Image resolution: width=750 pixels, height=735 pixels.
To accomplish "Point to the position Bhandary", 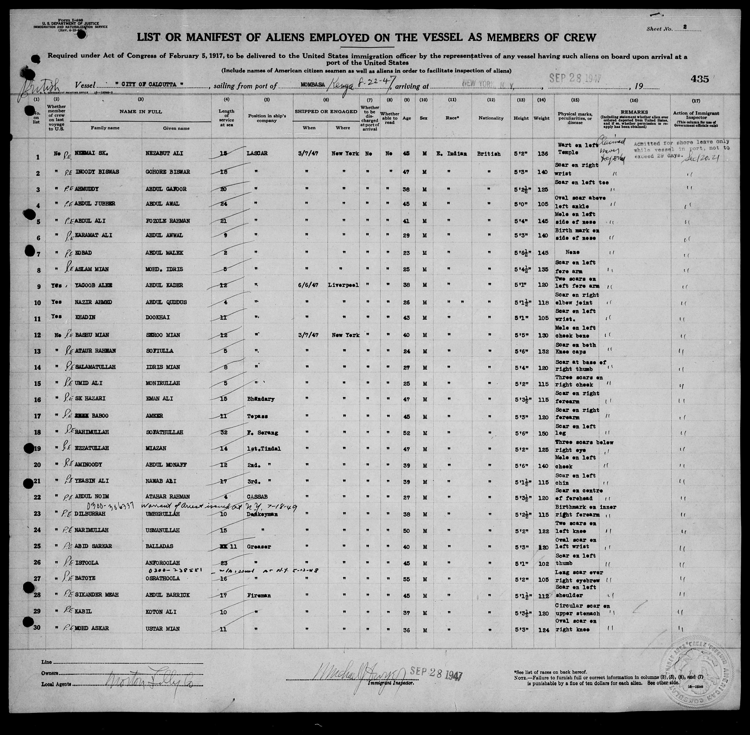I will tap(261, 399).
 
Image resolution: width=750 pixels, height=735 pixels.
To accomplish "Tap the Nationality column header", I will tap(491, 118).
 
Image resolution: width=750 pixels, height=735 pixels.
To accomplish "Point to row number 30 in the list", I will tap(37, 628).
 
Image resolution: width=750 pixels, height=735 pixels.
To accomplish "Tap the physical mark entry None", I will tap(572, 252).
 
